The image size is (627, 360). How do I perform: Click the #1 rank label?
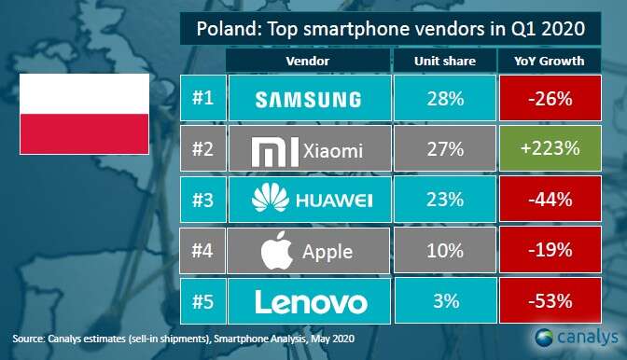click(199, 99)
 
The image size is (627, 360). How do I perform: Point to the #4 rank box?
click(199, 251)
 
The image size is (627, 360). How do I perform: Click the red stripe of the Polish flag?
click(84, 133)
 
